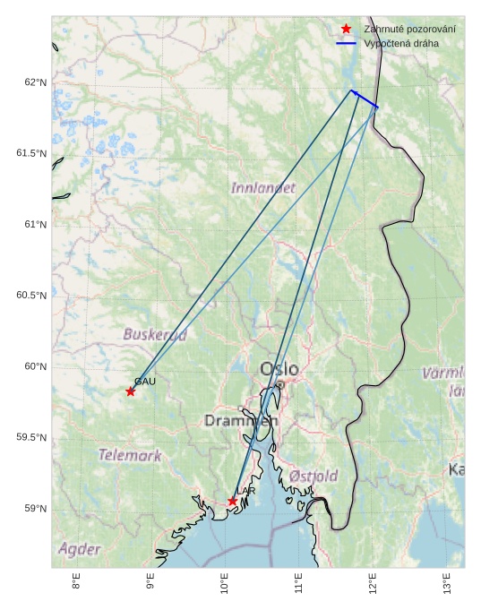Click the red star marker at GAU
pyautogui.click(x=131, y=391)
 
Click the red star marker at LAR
pyautogui.click(x=233, y=501)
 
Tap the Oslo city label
pyautogui.click(x=279, y=369)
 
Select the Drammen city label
pyautogui.click(x=241, y=420)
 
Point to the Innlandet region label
pyautogui.click(x=262, y=188)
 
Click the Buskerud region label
pyautogui.click(x=155, y=335)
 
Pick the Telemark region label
pyautogui.click(x=130, y=455)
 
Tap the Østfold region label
pyautogui.click(x=314, y=477)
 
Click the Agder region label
pyautogui.click(x=80, y=548)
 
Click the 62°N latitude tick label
pyautogui.click(x=36, y=82)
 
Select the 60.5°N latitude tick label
pyautogui.click(x=31, y=296)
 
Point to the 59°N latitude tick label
pyautogui.click(x=36, y=509)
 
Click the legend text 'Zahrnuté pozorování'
pyautogui.click(x=409, y=30)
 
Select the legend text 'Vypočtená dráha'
pyautogui.click(x=400, y=43)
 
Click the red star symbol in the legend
pyautogui.click(x=346, y=30)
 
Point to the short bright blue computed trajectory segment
pyautogui.click(x=365, y=99)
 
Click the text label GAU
pyautogui.click(x=145, y=382)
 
